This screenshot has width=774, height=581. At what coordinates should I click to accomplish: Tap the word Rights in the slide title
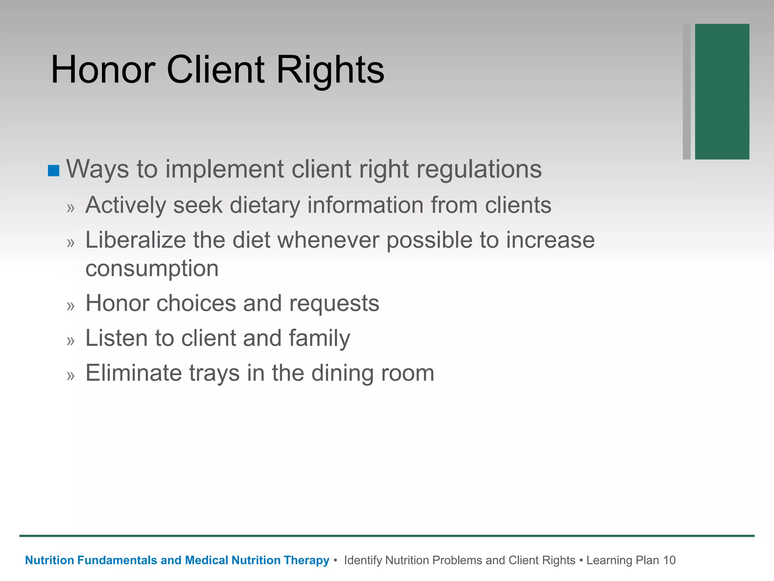(330, 70)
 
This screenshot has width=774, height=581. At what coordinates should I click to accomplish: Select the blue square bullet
(54, 171)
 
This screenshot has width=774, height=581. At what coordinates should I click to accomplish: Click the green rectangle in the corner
(722, 92)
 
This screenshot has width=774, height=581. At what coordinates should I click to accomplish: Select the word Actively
(125, 205)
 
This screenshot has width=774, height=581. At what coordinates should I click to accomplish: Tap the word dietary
(265, 205)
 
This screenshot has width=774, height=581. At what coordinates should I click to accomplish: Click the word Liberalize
(136, 240)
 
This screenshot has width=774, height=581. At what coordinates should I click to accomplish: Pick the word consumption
(152, 269)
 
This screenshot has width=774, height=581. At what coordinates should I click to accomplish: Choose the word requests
(334, 303)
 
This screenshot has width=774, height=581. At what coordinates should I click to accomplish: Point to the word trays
(214, 373)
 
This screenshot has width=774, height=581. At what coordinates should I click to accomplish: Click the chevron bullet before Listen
(71, 341)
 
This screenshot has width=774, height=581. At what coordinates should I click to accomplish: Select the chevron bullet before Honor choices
(71, 306)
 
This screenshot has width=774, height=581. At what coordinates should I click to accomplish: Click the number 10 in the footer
(669, 560)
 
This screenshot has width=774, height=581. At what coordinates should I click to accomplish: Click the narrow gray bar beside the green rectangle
(687, 92)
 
